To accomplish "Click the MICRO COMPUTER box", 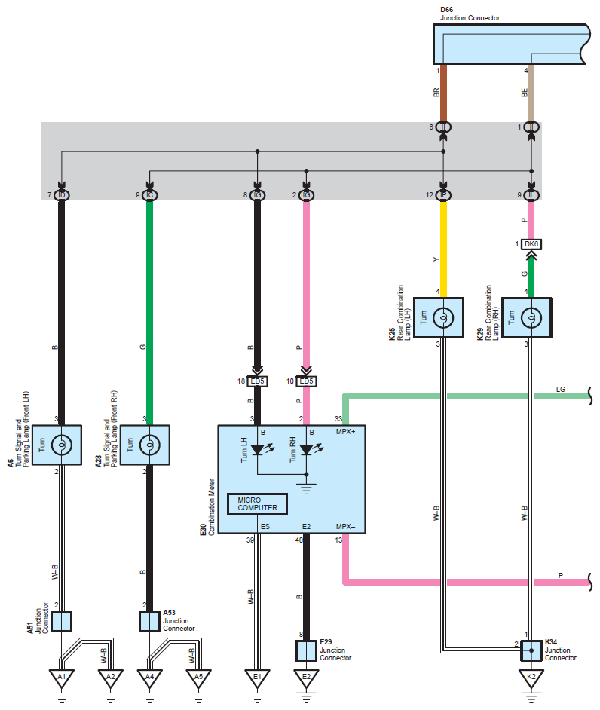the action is [257, 503].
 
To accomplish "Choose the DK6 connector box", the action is [531, 244].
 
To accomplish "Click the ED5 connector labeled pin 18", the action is [257, 381].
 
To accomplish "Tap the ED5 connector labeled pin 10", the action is [306, 381].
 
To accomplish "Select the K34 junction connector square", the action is [531, 650].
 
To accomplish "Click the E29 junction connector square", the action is [306, 650].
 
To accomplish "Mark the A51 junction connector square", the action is [62, 621].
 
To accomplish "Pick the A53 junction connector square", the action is [149, 621].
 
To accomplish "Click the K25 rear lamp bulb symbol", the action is [443, 317].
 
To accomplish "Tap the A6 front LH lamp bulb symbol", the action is [62, 445].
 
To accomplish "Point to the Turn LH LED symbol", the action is [258, 449].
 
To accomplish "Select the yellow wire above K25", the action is [443, 249].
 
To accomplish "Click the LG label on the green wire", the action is [561, 390].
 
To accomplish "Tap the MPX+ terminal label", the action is [345, 432].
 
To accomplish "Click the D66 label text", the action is [446, 10].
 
